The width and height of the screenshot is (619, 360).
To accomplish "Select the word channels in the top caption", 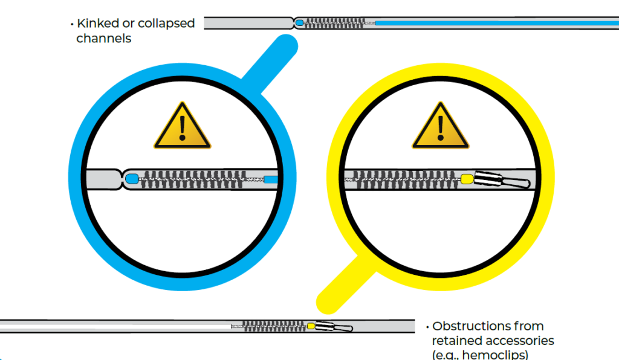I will pyautogui.click(x=104, y=39).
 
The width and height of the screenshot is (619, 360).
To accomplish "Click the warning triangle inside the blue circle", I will pyautogui.click(x=182, y=127).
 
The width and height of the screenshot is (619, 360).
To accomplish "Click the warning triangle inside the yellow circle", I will pyautogui.click(x=440, y=127).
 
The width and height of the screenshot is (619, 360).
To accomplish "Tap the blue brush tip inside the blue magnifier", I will pyautogui.click(x=132, y=178).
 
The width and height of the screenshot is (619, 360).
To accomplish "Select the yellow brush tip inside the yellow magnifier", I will pyautogui.click(x=467, y=178).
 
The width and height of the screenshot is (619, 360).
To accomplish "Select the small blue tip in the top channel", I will pyautogui.click(x=299, y=23).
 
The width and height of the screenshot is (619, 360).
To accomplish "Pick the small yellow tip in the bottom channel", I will pyautogui.click(x=311, y=326).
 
